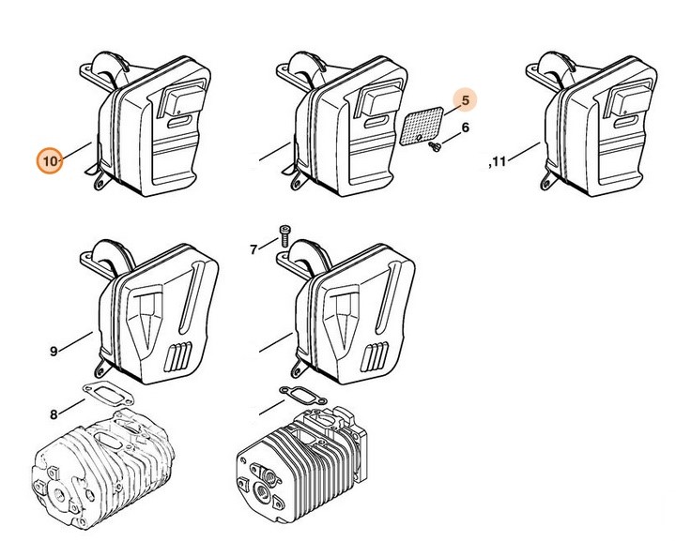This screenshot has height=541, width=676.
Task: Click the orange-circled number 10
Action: point(50,161)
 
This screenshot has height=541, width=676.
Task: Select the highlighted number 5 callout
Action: point(465,100)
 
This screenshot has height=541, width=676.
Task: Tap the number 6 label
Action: point(465,128)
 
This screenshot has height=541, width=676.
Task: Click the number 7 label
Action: point(253,249)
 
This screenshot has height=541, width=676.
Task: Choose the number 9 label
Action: point(54,352)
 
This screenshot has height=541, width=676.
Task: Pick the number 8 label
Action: point(54,414)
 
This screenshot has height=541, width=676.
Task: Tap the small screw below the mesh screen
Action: point(436,147)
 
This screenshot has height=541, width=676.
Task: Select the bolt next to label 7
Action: point(284,236)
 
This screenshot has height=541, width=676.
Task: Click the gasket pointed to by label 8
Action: point(108,396)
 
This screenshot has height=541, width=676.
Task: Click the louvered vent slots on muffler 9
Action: point(178,357)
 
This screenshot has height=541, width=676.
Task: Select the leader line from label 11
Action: point(524,152)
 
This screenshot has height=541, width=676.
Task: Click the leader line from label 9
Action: point(76,341)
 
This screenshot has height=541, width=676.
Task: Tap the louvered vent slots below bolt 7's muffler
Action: point(375,357)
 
